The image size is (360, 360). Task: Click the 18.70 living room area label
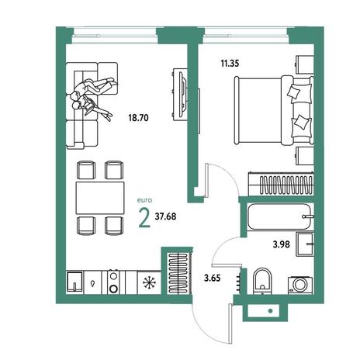[x=138, y=118]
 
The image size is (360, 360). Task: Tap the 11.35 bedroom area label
[x=230, y=64]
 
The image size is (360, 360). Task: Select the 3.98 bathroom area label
[x=281, y=244]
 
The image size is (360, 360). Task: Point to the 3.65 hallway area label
[x=212, y=278]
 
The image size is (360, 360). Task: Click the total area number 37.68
[x=165, y=216]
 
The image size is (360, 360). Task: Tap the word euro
[x=144, y=200]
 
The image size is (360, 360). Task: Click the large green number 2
[x=144, y=218]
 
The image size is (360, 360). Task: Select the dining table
[x=100, y=198]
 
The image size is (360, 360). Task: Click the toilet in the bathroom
[x=261, y=281]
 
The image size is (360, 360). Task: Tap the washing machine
[x=300, y=285]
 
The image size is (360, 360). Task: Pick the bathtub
[x=281, y=216]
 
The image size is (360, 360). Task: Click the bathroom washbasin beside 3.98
[x=305, y=244]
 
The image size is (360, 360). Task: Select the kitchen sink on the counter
[x=74, y=282]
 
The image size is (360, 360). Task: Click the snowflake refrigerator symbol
[x=150, y=282]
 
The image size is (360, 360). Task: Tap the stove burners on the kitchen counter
[x=113, y=282]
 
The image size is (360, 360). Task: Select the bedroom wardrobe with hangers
[x=281, y=184]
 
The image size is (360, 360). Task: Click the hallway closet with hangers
[x=178, y=273]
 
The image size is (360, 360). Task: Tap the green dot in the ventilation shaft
[x=271, y=311]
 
